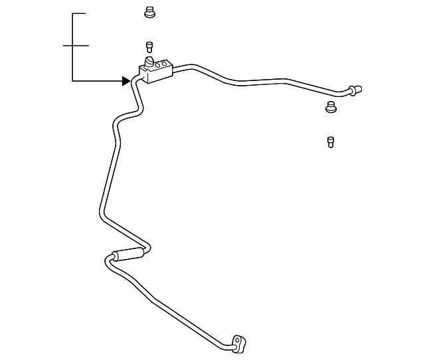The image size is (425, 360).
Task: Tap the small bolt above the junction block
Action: (149, 46)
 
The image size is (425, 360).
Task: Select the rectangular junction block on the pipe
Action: (155, 71)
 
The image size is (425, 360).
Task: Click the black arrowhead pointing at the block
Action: (126, 81)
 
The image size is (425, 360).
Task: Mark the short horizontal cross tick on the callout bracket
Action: (76, 46)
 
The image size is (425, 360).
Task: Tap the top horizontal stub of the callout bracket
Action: (79, 13)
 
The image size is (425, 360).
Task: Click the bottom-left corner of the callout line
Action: (72, 81)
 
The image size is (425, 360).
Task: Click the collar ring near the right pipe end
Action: (351, 90)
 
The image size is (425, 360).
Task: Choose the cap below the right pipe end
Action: (330, 107)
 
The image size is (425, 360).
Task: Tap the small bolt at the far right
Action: (330, 141)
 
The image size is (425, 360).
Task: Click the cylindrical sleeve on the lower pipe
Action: (129, 254)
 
